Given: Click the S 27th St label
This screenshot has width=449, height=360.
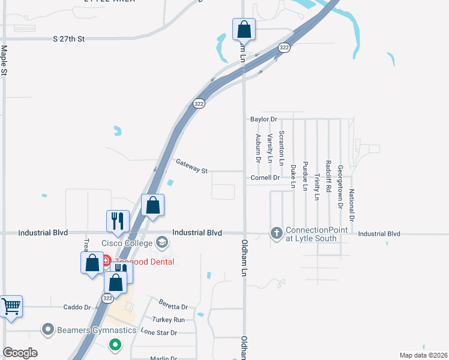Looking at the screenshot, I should [x=69, y=38].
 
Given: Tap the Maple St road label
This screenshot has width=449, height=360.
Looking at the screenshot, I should [x=4, y=60].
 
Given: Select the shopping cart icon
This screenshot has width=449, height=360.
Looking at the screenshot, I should [x=11, y=307].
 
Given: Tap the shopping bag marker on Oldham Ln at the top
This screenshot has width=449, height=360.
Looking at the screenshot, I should [x=244, y=29].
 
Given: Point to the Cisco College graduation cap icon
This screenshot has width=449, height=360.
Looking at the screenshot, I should [x=161, y=243].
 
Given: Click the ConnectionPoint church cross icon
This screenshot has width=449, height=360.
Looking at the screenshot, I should [x=276, y=233].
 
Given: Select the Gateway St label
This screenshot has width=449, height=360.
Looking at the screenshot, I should [x=191, y=166].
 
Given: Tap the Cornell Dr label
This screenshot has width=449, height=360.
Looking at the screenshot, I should [x=265, y=178].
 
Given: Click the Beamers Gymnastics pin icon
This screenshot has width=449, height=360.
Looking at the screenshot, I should [x=48, y=329].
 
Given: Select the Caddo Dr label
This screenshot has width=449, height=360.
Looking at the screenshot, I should [x=77, y=307].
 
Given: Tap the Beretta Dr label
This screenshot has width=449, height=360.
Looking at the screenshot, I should [x=173, y=304].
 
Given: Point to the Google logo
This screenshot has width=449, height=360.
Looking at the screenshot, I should [x=20, y=353].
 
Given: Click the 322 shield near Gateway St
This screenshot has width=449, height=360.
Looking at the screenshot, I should [x=199, y=104].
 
